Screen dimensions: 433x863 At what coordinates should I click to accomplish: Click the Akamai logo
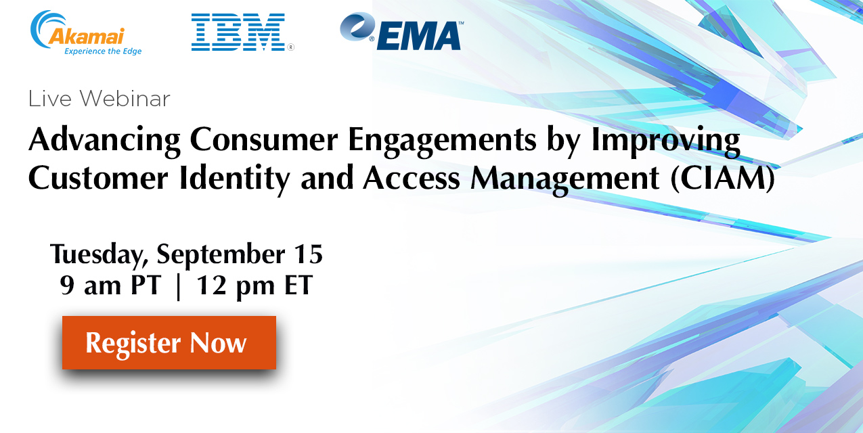[x=86, y=32]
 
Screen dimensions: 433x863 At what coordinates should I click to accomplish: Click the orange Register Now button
[x=169, y=343]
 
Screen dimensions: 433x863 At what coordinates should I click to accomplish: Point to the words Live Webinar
[x=99, y=99]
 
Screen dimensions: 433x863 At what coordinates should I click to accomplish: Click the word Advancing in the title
[x=105, y=140]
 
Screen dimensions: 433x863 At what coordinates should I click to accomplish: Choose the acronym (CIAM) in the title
[x=722, y=178]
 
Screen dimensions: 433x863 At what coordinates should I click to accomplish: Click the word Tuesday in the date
[x=99, y=255]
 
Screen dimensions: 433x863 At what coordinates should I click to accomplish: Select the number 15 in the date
[x=308, y=254]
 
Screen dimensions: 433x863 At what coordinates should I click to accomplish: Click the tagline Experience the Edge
[x=103, y=51]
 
